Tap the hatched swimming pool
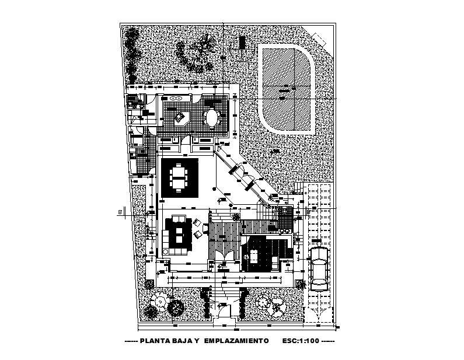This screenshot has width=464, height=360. [x=287, y=89]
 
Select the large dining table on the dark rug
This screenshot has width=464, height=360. [x=179, y=177]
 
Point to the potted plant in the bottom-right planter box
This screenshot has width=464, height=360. [x=300, y=284]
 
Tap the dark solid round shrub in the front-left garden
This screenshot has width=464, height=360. [x=173, y=307]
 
